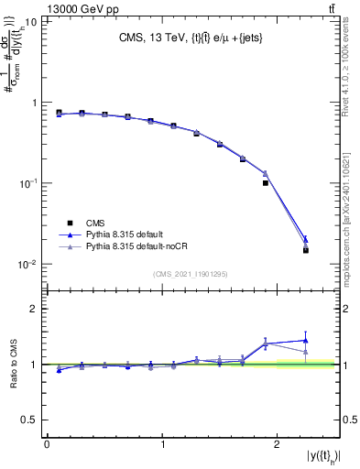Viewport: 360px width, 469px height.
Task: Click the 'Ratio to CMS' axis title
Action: [x=12, y=364]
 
